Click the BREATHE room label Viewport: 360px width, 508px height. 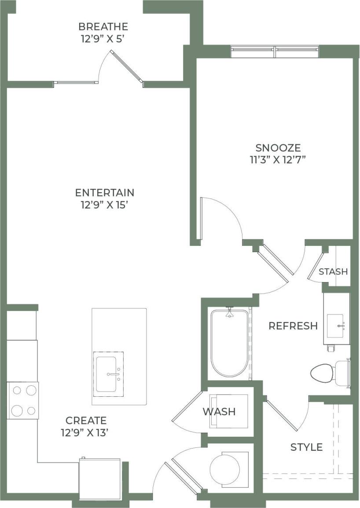click(103, 26)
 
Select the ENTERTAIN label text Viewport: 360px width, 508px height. click(105, 193)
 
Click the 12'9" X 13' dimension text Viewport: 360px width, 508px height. click(85, 432)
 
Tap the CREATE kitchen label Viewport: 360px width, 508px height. click(86, 420)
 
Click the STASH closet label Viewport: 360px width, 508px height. click(333, 271)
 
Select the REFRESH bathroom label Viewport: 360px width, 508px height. click(293, 326)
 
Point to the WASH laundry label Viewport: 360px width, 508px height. click(219, 412)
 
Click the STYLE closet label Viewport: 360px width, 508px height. click(307, 447)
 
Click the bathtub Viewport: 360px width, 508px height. click(229, 343)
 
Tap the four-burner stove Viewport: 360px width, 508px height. click(23, 400)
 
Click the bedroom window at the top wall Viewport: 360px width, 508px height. click(275, 51)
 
